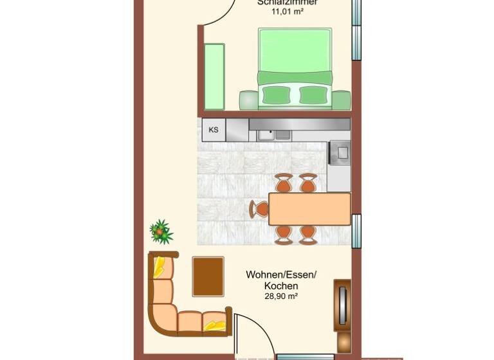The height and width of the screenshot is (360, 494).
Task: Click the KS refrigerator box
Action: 214,130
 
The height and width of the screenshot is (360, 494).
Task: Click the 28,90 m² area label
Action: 271,296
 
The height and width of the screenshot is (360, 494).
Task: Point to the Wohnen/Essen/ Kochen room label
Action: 271,280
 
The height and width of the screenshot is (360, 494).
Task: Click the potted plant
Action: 161,231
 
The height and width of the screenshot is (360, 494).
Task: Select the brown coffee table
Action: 208,276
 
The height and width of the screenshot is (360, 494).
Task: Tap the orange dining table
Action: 309,209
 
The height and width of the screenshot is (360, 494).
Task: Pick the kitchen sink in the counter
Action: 274,135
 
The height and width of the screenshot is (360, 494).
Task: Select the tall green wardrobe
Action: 214,76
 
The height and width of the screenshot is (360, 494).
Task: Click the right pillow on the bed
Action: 314,95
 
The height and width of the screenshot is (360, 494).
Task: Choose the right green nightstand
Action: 342,100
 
